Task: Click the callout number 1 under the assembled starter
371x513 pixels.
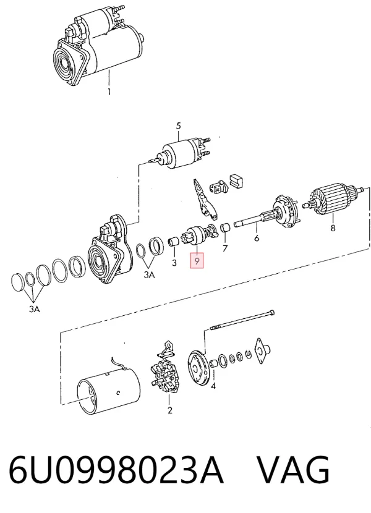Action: [x=109, y=91]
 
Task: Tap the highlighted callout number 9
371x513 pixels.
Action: [x=197, y=261]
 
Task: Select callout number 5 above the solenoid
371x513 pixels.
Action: [x=179, y=126]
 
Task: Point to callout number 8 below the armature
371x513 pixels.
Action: [x=333, y=227]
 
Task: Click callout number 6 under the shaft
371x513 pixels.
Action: [x=257, y=238]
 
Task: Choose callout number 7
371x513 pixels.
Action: [x=224, y=248]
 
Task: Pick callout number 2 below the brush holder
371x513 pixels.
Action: [x=169, y=410]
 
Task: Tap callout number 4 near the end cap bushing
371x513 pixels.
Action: [x=213, y=386]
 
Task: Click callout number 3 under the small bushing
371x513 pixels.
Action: [x=174, y=263]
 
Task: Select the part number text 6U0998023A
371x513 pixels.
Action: [x=116, y=470]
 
